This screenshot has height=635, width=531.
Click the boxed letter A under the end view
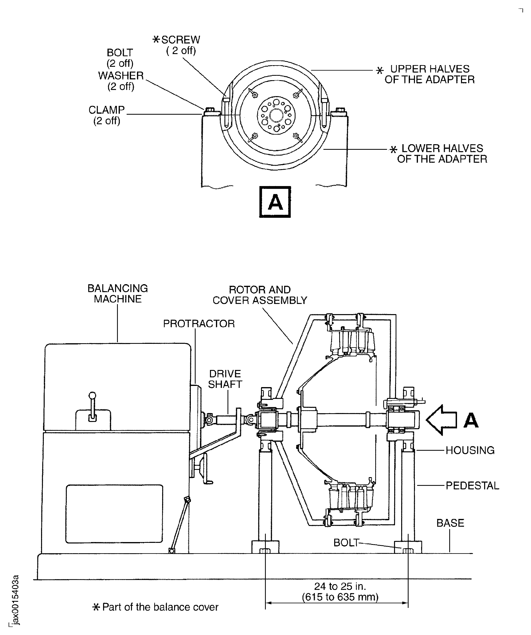275,202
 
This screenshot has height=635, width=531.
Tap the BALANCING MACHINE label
118,294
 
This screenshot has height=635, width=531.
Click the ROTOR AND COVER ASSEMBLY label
260,295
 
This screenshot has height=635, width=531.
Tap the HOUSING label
470,450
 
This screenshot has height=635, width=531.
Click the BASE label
450,523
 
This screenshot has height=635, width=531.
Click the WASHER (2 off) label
121,81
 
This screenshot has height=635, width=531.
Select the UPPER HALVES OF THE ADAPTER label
429,74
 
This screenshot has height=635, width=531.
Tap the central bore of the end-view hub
276,115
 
